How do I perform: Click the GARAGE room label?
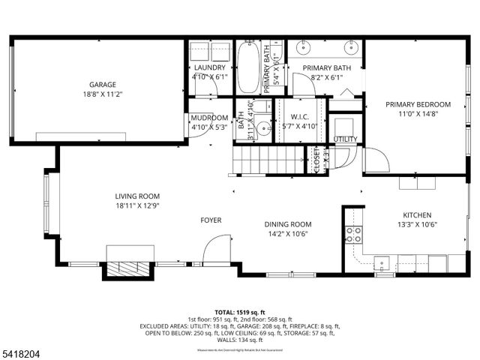coord(103,85)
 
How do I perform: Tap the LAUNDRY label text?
coord(209,67)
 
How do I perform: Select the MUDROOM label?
coord(209,118)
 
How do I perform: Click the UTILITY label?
coord(346,139)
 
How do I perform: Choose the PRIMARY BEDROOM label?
coord(418,104)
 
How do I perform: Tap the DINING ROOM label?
coord(287,223)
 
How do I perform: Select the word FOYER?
coord(211,220)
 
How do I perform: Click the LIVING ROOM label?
coord(137,196)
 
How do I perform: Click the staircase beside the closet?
coord(267,160)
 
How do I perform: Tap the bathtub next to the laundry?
coord(249,66)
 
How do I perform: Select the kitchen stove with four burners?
coord(353,235)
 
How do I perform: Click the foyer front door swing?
coord(217,250)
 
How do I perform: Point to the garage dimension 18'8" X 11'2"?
coord(103,95)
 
